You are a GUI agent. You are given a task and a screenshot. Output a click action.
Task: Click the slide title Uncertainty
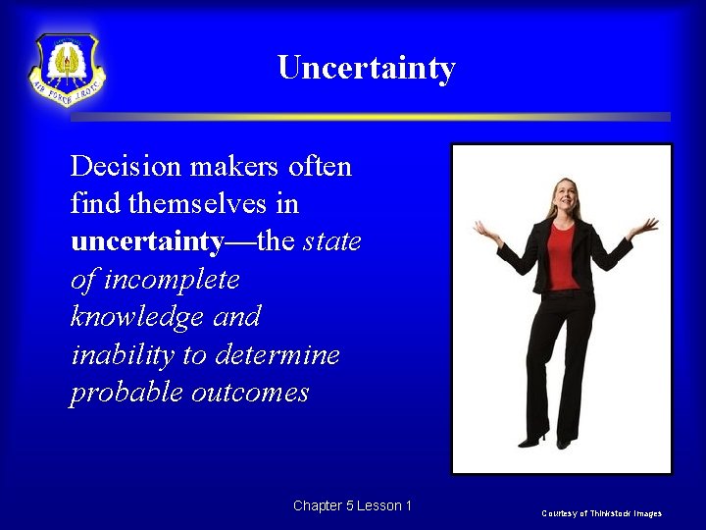[x=366, y=69]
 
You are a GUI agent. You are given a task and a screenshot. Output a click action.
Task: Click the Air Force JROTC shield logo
[x=67, y=70]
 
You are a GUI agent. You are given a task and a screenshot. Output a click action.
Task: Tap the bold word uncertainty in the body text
[x=148, y=241]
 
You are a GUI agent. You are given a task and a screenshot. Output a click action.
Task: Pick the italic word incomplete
[x=172, y=280]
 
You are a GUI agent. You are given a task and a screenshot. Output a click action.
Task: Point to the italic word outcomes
[x=250, y=393]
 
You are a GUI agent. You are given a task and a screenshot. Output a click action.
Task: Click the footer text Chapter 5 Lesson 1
[x=352, y=505]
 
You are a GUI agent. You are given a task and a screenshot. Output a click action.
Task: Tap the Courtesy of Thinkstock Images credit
[x=601, y=513]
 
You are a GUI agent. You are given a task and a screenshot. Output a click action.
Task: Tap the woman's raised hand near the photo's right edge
[x=644, y=228]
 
